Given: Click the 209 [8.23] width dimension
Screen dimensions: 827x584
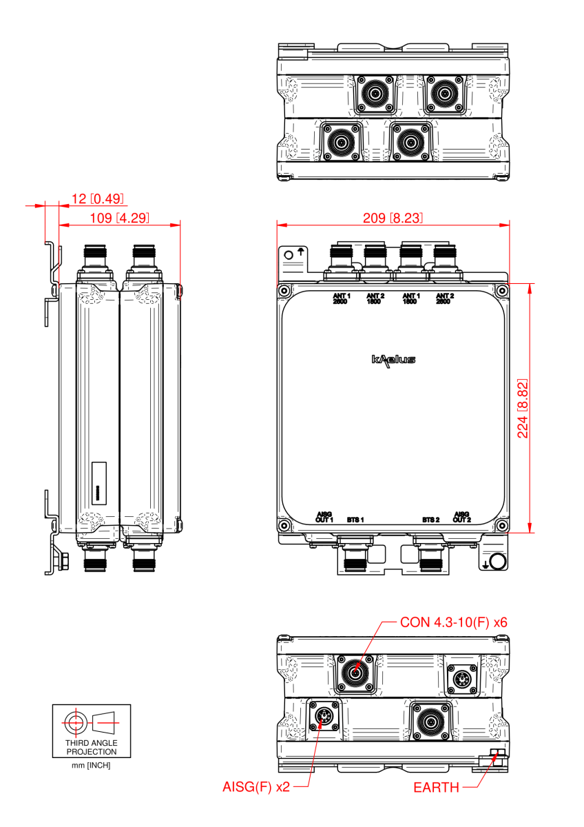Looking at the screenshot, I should (393, 218).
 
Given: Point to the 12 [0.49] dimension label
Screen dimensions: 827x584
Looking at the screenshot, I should (97, 199).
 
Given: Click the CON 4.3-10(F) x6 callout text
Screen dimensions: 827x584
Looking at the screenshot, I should (453, 622).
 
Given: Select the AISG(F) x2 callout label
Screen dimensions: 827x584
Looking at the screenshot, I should (255, 786).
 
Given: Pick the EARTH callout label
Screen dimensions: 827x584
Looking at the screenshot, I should (436, 787).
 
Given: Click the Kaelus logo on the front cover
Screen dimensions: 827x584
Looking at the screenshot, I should (393, 359).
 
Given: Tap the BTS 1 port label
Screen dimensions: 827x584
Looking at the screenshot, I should (355, 519).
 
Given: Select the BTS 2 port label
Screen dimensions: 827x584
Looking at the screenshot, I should (431, 519).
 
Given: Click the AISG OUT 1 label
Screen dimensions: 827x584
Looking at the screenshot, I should (324, 517).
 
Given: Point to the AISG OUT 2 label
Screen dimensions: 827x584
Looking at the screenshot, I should (462, 517).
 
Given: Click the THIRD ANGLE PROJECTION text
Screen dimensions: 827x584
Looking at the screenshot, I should (92, 748).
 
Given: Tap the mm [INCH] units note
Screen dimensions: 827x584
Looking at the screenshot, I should (92, 766).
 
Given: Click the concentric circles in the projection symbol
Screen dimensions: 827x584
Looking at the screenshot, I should (73, 722).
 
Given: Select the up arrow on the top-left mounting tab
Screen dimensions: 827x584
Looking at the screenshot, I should (300, 252).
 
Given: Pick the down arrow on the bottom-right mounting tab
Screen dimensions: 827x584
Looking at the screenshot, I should (486, 564).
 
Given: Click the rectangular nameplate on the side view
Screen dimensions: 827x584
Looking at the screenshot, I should (98, 481).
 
